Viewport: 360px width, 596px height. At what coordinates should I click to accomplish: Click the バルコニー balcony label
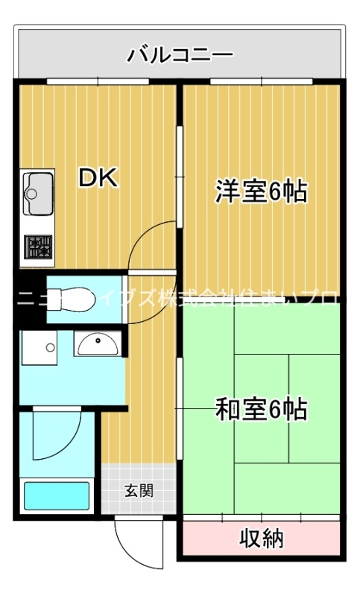tap(180, 54)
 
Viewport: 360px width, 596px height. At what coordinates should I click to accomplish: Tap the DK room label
tap(98, 178)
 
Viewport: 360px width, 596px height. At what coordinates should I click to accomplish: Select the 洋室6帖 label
tap(260, 191)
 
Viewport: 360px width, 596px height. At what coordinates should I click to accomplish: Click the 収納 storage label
tap(261, 538)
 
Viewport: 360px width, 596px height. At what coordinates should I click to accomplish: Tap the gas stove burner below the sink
tap(37, 247)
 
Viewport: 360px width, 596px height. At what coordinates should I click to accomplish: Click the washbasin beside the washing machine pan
tap(97, 344)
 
